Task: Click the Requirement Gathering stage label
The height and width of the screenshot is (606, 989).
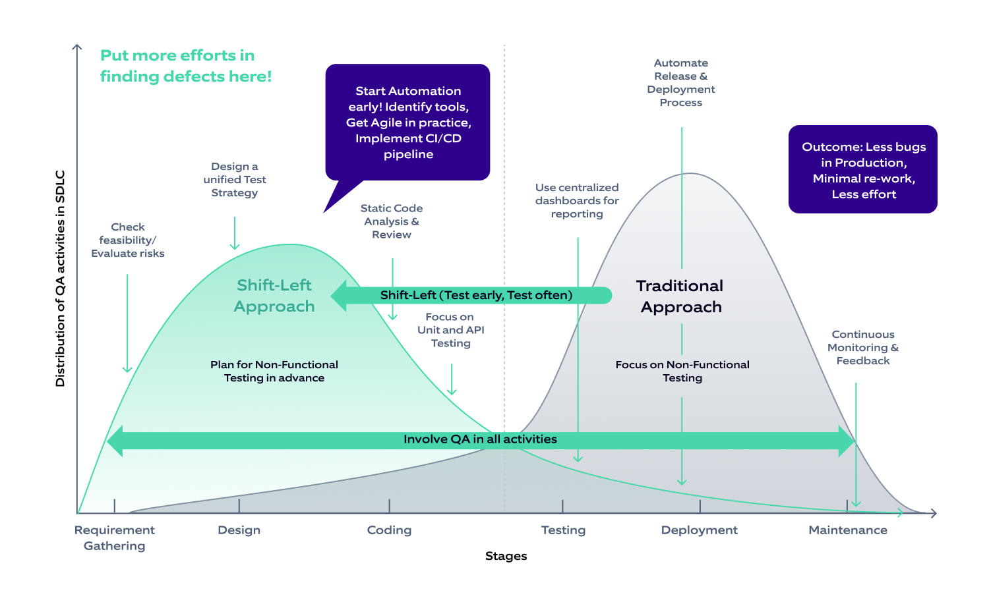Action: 114,537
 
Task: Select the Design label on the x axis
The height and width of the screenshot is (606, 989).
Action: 239,530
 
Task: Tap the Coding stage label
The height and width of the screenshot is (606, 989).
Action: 389,530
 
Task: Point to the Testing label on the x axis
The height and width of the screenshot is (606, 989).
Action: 563,530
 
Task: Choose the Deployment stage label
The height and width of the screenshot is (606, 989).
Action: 699,530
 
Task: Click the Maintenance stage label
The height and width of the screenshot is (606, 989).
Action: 847,530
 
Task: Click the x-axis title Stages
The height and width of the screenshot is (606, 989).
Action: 506,556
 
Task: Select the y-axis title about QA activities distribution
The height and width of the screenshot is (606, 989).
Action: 61,278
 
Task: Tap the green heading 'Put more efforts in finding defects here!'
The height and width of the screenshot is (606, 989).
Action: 185,66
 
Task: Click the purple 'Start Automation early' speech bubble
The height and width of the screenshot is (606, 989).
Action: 408,123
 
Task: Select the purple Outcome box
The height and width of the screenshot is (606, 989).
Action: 863,170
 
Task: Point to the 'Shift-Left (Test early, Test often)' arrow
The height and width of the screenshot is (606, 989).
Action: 475,295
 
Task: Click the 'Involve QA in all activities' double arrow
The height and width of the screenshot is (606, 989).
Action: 480,439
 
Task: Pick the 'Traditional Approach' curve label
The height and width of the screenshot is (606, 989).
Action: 680,296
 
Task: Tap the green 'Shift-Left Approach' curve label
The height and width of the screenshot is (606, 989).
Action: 274,296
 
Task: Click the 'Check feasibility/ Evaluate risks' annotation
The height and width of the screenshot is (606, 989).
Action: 128,240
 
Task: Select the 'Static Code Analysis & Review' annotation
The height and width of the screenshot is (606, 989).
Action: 392,221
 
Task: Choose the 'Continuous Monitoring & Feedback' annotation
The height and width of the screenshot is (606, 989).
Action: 862,348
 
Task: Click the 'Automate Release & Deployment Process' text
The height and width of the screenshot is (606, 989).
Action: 680,83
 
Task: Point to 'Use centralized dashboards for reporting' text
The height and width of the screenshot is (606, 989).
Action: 577,201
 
